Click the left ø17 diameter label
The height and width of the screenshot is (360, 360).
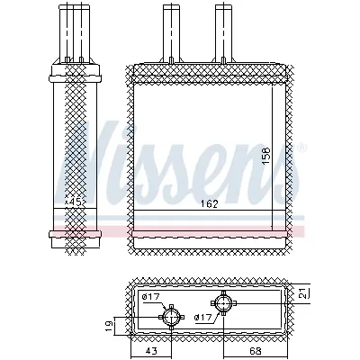pos(149,297)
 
